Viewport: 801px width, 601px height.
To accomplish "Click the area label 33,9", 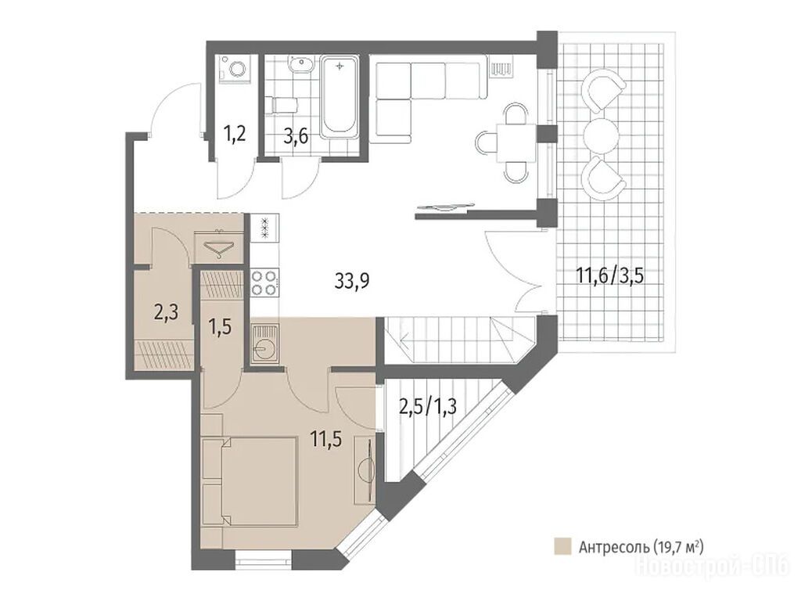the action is pos(352,281).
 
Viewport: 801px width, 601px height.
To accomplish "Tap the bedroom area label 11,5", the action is pos(326,439).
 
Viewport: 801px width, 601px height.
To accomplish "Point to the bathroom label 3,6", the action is pos(296,138).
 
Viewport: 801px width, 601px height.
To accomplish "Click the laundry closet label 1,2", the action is pos(235,135).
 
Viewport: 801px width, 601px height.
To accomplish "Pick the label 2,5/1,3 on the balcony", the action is pos(428,407).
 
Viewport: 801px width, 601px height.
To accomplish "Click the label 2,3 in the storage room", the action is pos(166,311).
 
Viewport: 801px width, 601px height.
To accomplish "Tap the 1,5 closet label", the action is pos(220,326).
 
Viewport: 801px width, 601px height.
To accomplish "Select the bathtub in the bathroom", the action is pos(339,97).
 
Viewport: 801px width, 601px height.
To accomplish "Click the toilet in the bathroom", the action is pos(283,106).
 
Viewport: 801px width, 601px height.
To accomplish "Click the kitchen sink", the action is pos(264,344).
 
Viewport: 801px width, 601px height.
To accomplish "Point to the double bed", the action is pos(250,481).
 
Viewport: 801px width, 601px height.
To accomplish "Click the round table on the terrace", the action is pos(601,136).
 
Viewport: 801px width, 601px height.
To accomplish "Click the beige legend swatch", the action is pos(562,546).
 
